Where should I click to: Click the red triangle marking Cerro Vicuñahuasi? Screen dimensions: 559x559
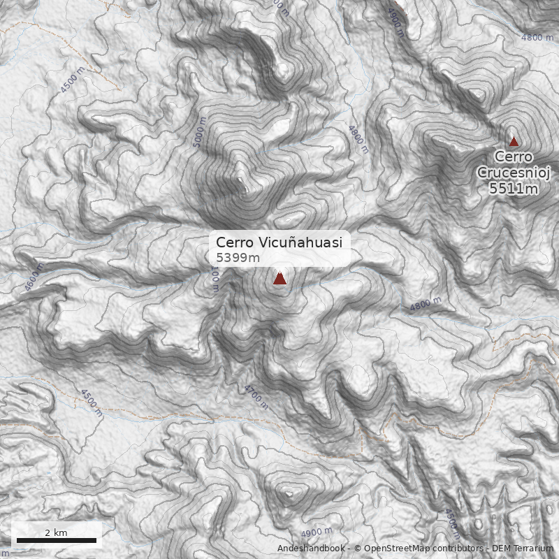[279, 279]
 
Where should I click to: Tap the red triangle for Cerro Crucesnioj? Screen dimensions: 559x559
[514, 141]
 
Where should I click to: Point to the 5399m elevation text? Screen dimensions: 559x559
[238, 258]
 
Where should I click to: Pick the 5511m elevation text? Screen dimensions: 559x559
[514, 188]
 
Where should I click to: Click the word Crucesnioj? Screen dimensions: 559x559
[514, 173]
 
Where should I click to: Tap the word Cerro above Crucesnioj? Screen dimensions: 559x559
[514, 157]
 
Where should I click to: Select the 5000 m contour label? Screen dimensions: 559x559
[200, 132]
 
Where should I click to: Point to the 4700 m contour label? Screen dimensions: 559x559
[256, 396]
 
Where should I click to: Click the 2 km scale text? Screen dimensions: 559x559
[56, 532]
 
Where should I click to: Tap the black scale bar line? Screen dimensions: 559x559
[56, 540]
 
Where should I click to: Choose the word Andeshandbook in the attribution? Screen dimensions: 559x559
[311, 549]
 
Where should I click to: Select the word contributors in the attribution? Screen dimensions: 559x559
[457, 549]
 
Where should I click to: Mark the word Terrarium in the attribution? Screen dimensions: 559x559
[534, 549]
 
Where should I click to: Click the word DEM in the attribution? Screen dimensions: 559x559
[502, 549]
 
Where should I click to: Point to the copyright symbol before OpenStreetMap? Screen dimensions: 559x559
[358, 549]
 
